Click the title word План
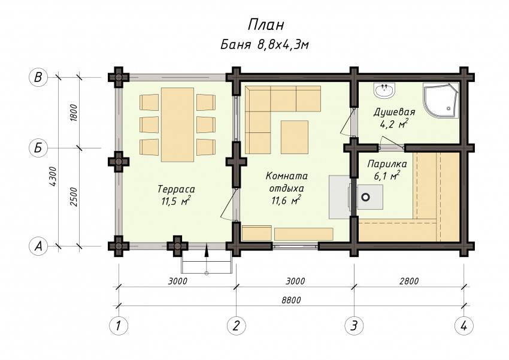(x=266, y=25)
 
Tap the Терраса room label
(x=176, y=189)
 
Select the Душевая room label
(x=394, y=113)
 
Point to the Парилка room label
(x=387, y=164)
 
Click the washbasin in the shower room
(x=384, y=90)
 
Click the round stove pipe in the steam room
(x=366, y=196)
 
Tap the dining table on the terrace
(x=178, y=125)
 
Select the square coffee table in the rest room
(x=295, y=137)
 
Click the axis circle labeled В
(x=38, y=78)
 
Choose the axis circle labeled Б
(x=38, y=148)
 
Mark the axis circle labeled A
(x=38, y=246)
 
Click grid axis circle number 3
(x=354, y=325)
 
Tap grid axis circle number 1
(x=119, y=325)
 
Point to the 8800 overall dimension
(x=292, y=300)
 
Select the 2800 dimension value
(x=409, y=281)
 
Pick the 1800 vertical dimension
(x=74, y=113)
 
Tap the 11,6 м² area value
(x=286, y=201)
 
